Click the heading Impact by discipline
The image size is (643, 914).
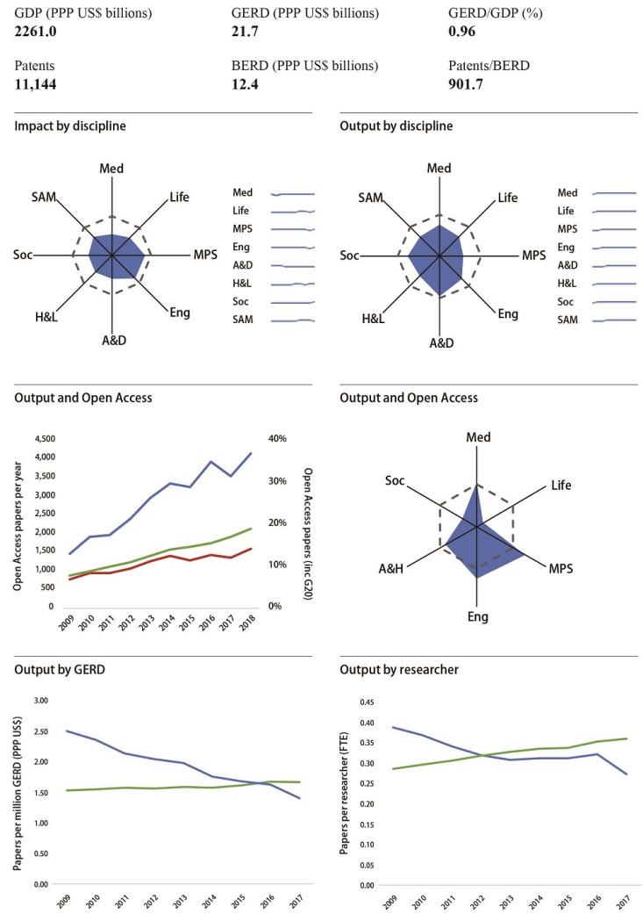[x=70, y=126]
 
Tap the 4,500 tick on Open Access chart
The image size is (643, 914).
[x=43, y=438]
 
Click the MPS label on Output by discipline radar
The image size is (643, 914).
[x=533, y=255]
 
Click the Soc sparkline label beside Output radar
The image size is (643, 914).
[x=567, y=303]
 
